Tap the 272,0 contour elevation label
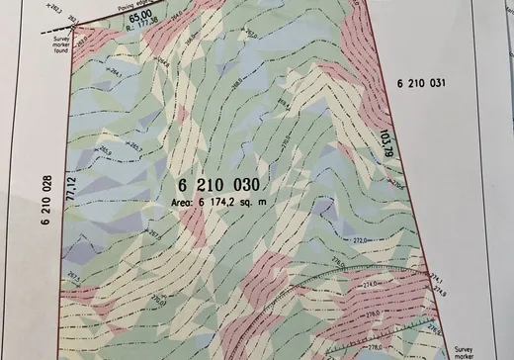click(362, 240)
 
